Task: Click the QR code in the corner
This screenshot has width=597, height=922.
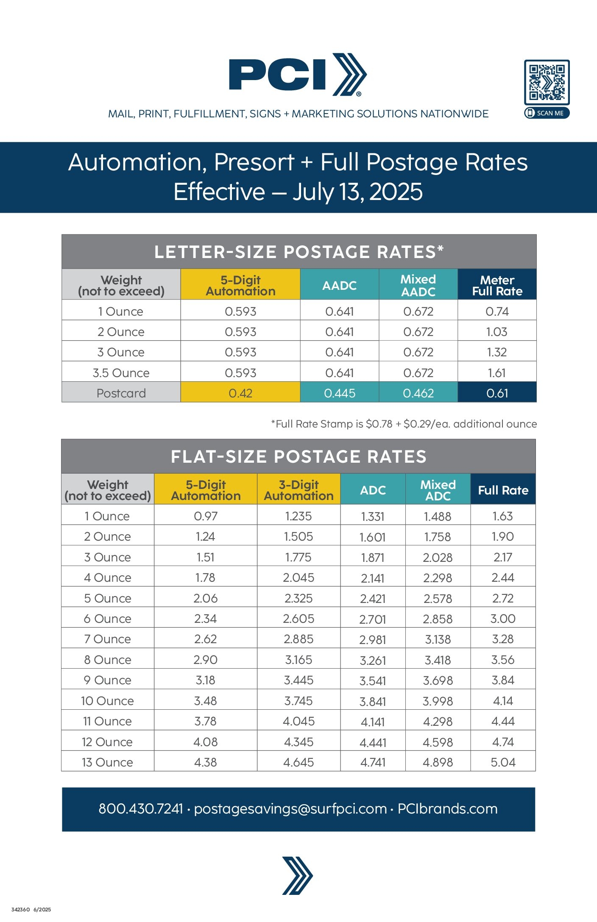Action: click(x=547, y=82)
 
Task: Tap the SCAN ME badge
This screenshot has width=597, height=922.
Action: click(x=547, y=113)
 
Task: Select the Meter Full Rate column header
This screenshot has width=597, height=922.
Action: click(x=497, y=285)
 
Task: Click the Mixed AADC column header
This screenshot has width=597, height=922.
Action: click(x=418, y=285)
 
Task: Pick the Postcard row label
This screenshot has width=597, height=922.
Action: click(x=121, y=393)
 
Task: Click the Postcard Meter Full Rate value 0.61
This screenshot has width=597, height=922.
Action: click(x=497, y=393)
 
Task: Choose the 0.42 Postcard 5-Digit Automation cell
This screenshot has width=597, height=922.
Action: click(x=240, y=393)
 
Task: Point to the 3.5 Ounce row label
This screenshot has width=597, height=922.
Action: click(x=121, y=373)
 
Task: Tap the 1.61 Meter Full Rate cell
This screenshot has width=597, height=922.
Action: click(x=497, y=373)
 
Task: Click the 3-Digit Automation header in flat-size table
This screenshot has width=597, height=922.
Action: click(x=298, y=490)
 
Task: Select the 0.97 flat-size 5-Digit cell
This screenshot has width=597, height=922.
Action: click(x=206, y=516)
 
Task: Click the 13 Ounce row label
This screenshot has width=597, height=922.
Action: click(x=107, y=762)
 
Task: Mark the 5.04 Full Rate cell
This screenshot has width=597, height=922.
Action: click(x=503, y=762)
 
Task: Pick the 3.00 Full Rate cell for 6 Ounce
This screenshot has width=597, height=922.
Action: click(x=503, y=619)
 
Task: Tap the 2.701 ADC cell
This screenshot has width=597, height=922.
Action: click(x=373, y=619)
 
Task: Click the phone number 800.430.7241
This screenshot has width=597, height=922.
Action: click(x=141, y=808)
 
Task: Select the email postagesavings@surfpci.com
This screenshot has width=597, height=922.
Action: click(x=290, y=808)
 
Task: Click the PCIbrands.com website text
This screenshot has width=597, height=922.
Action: click(x=447, y=808)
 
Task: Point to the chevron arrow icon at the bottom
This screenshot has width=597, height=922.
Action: click(x=298, y=875)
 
